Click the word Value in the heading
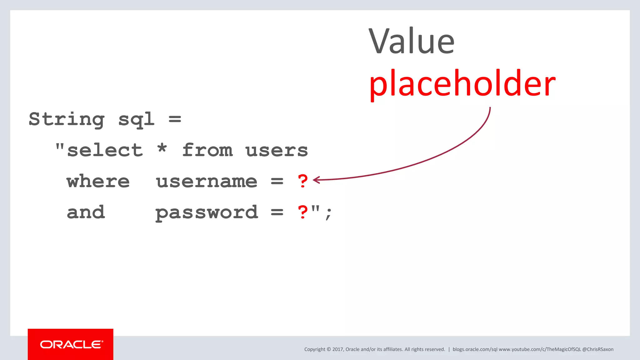point(411,41)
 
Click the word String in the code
point(67,119)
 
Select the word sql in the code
point(136,119)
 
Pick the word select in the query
point(105,150)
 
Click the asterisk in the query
point(162,148)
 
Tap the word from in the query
point(207,150)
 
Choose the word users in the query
point(277,150)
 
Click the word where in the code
point(98,181)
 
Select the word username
point(207,182)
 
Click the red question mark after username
point(302,181)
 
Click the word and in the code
point(86,212)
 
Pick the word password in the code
point(207,213)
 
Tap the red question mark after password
point(302,212)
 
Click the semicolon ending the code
point(328,214)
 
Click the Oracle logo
point(71,344)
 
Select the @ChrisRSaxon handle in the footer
point(598,349)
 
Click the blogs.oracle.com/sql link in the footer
point(475,349)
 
